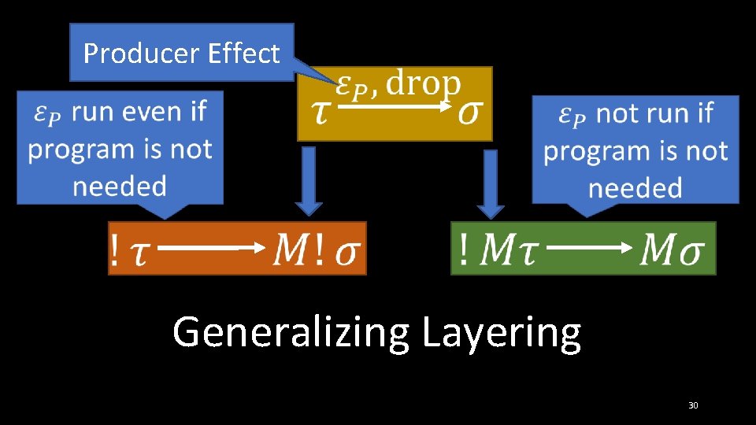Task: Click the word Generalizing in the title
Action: (291, 332)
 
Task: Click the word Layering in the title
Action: (502, 332)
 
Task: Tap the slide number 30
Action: (693, 405)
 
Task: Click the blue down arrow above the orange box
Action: (309, 181)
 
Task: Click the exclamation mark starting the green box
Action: (465, 250)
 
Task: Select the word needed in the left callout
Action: (120, 187)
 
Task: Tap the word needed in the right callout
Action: (635, 188)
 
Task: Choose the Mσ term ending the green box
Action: (673, 250)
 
